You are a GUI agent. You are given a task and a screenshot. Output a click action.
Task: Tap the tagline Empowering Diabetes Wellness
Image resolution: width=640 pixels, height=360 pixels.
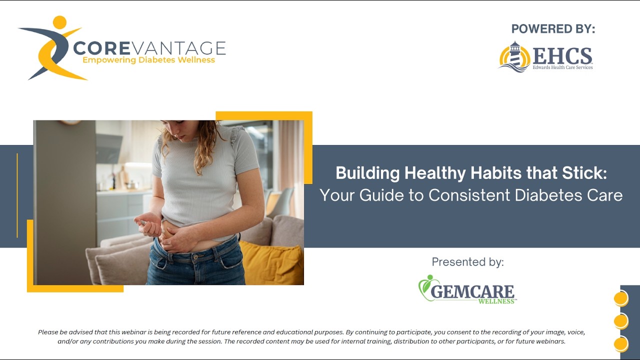pyautogui.click(x=148, y=60)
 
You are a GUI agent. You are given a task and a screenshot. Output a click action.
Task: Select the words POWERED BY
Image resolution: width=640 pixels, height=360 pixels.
pyautogui.click(x=553, y=29)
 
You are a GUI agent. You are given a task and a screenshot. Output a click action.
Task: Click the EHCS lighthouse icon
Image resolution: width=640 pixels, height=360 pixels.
pyautogui.click(x=514, y=57)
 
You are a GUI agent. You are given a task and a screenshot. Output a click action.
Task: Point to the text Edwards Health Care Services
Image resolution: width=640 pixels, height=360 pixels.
pyautogui.click(x=562, y=67)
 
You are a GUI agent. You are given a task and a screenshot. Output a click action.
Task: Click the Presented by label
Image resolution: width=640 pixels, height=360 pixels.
pyautogui.click(x=467, y=262)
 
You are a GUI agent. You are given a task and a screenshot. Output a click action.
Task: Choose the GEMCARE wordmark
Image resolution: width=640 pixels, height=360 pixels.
pyautogui.click(x=472, y=291)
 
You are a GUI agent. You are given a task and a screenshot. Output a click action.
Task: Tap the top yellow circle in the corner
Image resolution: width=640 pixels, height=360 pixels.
pyautogui.click(x=620, y=298)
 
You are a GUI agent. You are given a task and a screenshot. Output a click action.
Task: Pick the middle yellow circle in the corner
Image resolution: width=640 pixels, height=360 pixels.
pyautogui.click(x=620, y=321)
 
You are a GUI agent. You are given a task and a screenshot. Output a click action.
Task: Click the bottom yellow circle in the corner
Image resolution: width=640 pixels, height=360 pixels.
pyautogui.click(x=620, y=344)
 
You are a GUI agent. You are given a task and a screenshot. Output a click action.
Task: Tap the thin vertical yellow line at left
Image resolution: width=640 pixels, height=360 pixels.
pyautogui.click(x=17, y=195)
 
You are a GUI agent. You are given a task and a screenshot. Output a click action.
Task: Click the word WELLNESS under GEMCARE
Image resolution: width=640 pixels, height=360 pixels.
pyautogui.click(x=496, y=301)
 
